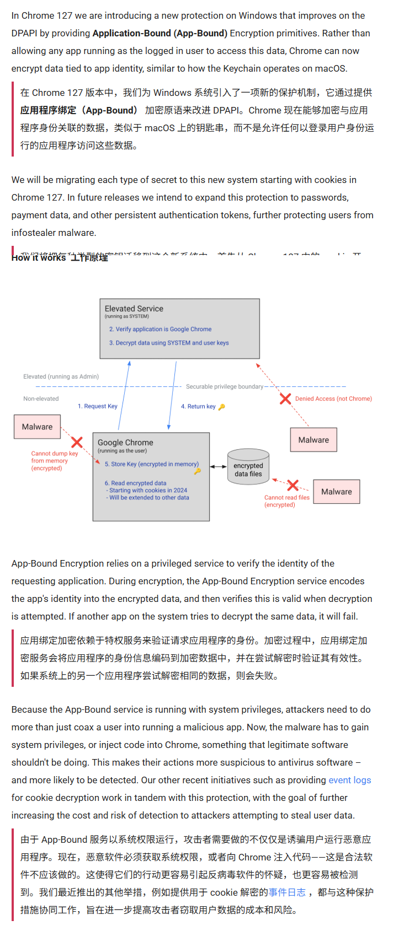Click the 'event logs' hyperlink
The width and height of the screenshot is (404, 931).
tap(349, 780)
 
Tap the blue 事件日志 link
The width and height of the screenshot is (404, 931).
tap(287, 892)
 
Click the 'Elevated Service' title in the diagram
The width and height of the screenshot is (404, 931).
tap(134, 309)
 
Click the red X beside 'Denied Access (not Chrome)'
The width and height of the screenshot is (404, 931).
tap(285, 399)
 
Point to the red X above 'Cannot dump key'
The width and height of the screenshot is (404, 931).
tap(77, 442)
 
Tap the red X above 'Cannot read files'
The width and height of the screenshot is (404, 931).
tap(293, 485)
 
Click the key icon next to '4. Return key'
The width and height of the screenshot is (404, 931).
tap(222, 407)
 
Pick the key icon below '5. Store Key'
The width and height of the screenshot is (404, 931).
tap(197, 471)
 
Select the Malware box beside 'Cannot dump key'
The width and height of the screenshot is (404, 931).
tap(38, 427)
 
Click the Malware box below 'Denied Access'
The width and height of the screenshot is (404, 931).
tap(313, 440)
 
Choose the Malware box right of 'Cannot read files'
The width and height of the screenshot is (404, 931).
tap(337, 492)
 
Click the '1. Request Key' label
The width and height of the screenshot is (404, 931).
tap(98, 406)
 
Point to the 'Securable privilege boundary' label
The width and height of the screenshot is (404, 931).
tap(224, 386)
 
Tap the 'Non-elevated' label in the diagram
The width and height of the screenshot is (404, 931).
tap(41, 399)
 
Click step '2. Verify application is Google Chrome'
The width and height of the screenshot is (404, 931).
tap(160, 329)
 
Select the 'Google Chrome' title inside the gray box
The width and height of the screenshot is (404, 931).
tap(125, 443)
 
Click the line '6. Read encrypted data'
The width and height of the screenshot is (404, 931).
tap(136, 483)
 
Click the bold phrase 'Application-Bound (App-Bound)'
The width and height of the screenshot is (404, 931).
tap(160, 33)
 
